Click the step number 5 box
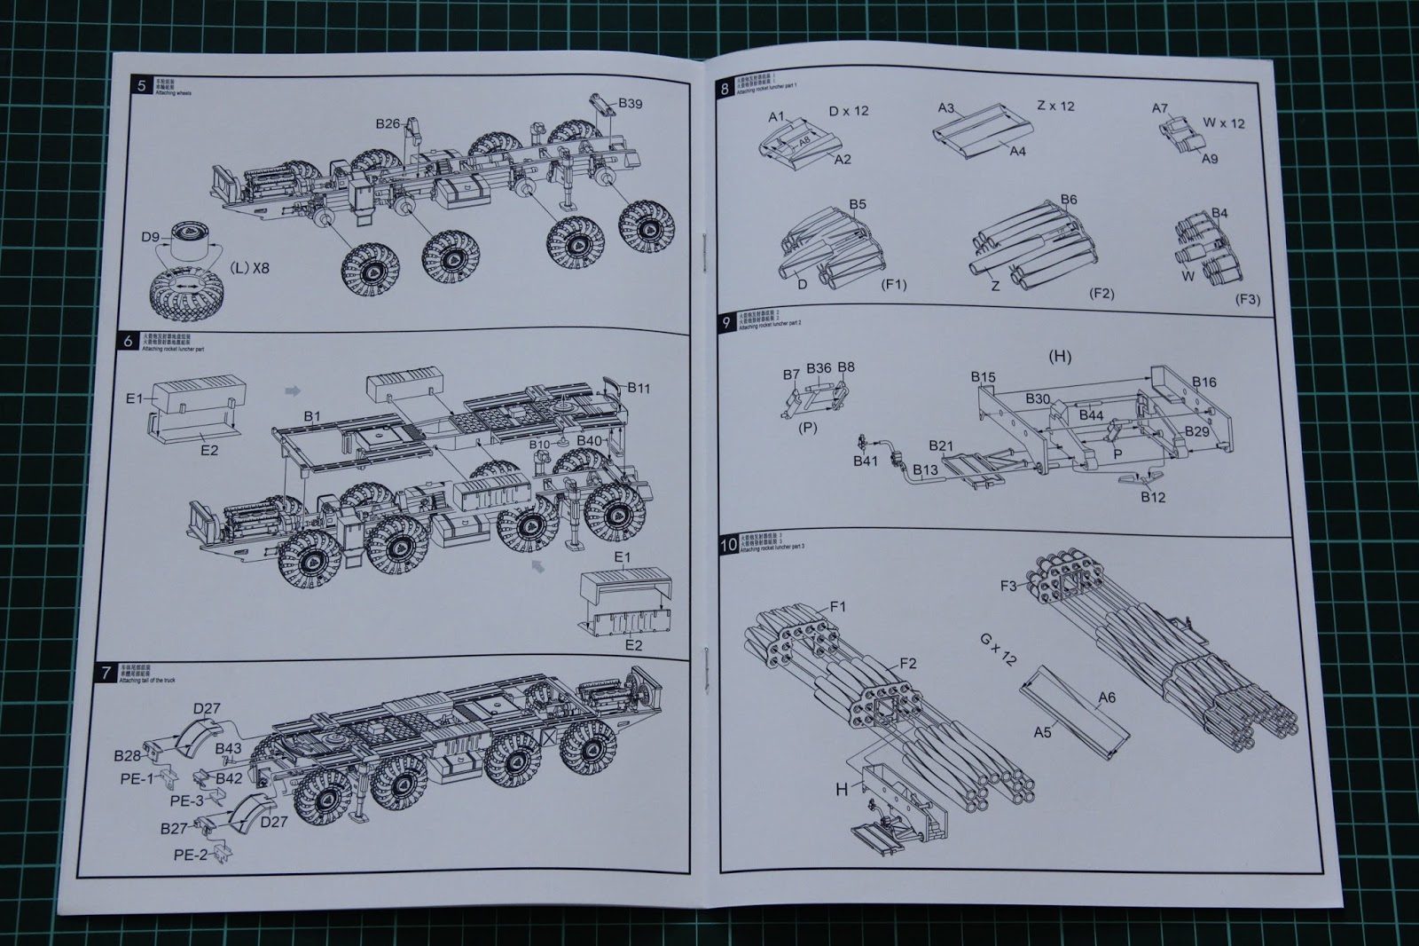coord(141,85)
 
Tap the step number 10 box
coord(728,545)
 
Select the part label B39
coord(630,104)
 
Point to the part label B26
coord(388,124)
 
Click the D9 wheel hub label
coord(151,237)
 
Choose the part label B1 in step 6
coord(312,415)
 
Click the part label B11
coord(639,387)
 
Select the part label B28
coord(127,755)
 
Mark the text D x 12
coord(849,111)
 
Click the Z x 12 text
coord(1055,106)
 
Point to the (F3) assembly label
coord(1247,299)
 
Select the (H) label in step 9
coord(1060,357)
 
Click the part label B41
coord(865,461)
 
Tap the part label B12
coord(1153,497)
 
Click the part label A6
coord(1106,698)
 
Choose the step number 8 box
coord(725,89)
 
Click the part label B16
coord(1204,382)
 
